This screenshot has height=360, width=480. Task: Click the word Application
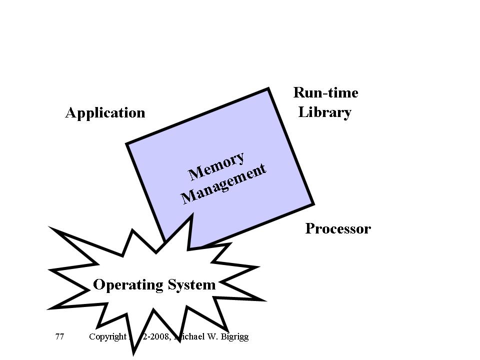[105, 113]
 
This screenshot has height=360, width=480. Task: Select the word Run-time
[325, 93]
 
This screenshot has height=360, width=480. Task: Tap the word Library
[325, 112]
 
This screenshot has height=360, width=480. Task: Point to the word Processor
[338, 229]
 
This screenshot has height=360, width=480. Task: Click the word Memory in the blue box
[217, 166]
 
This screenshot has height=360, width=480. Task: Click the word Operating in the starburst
[128, 285]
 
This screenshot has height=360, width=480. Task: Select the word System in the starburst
[192, 285]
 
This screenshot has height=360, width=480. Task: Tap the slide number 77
[59, 336]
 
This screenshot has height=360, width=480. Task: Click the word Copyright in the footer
[107, 336]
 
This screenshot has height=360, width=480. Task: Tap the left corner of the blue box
[127, 144]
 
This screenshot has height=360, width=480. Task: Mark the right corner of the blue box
[313, 204]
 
